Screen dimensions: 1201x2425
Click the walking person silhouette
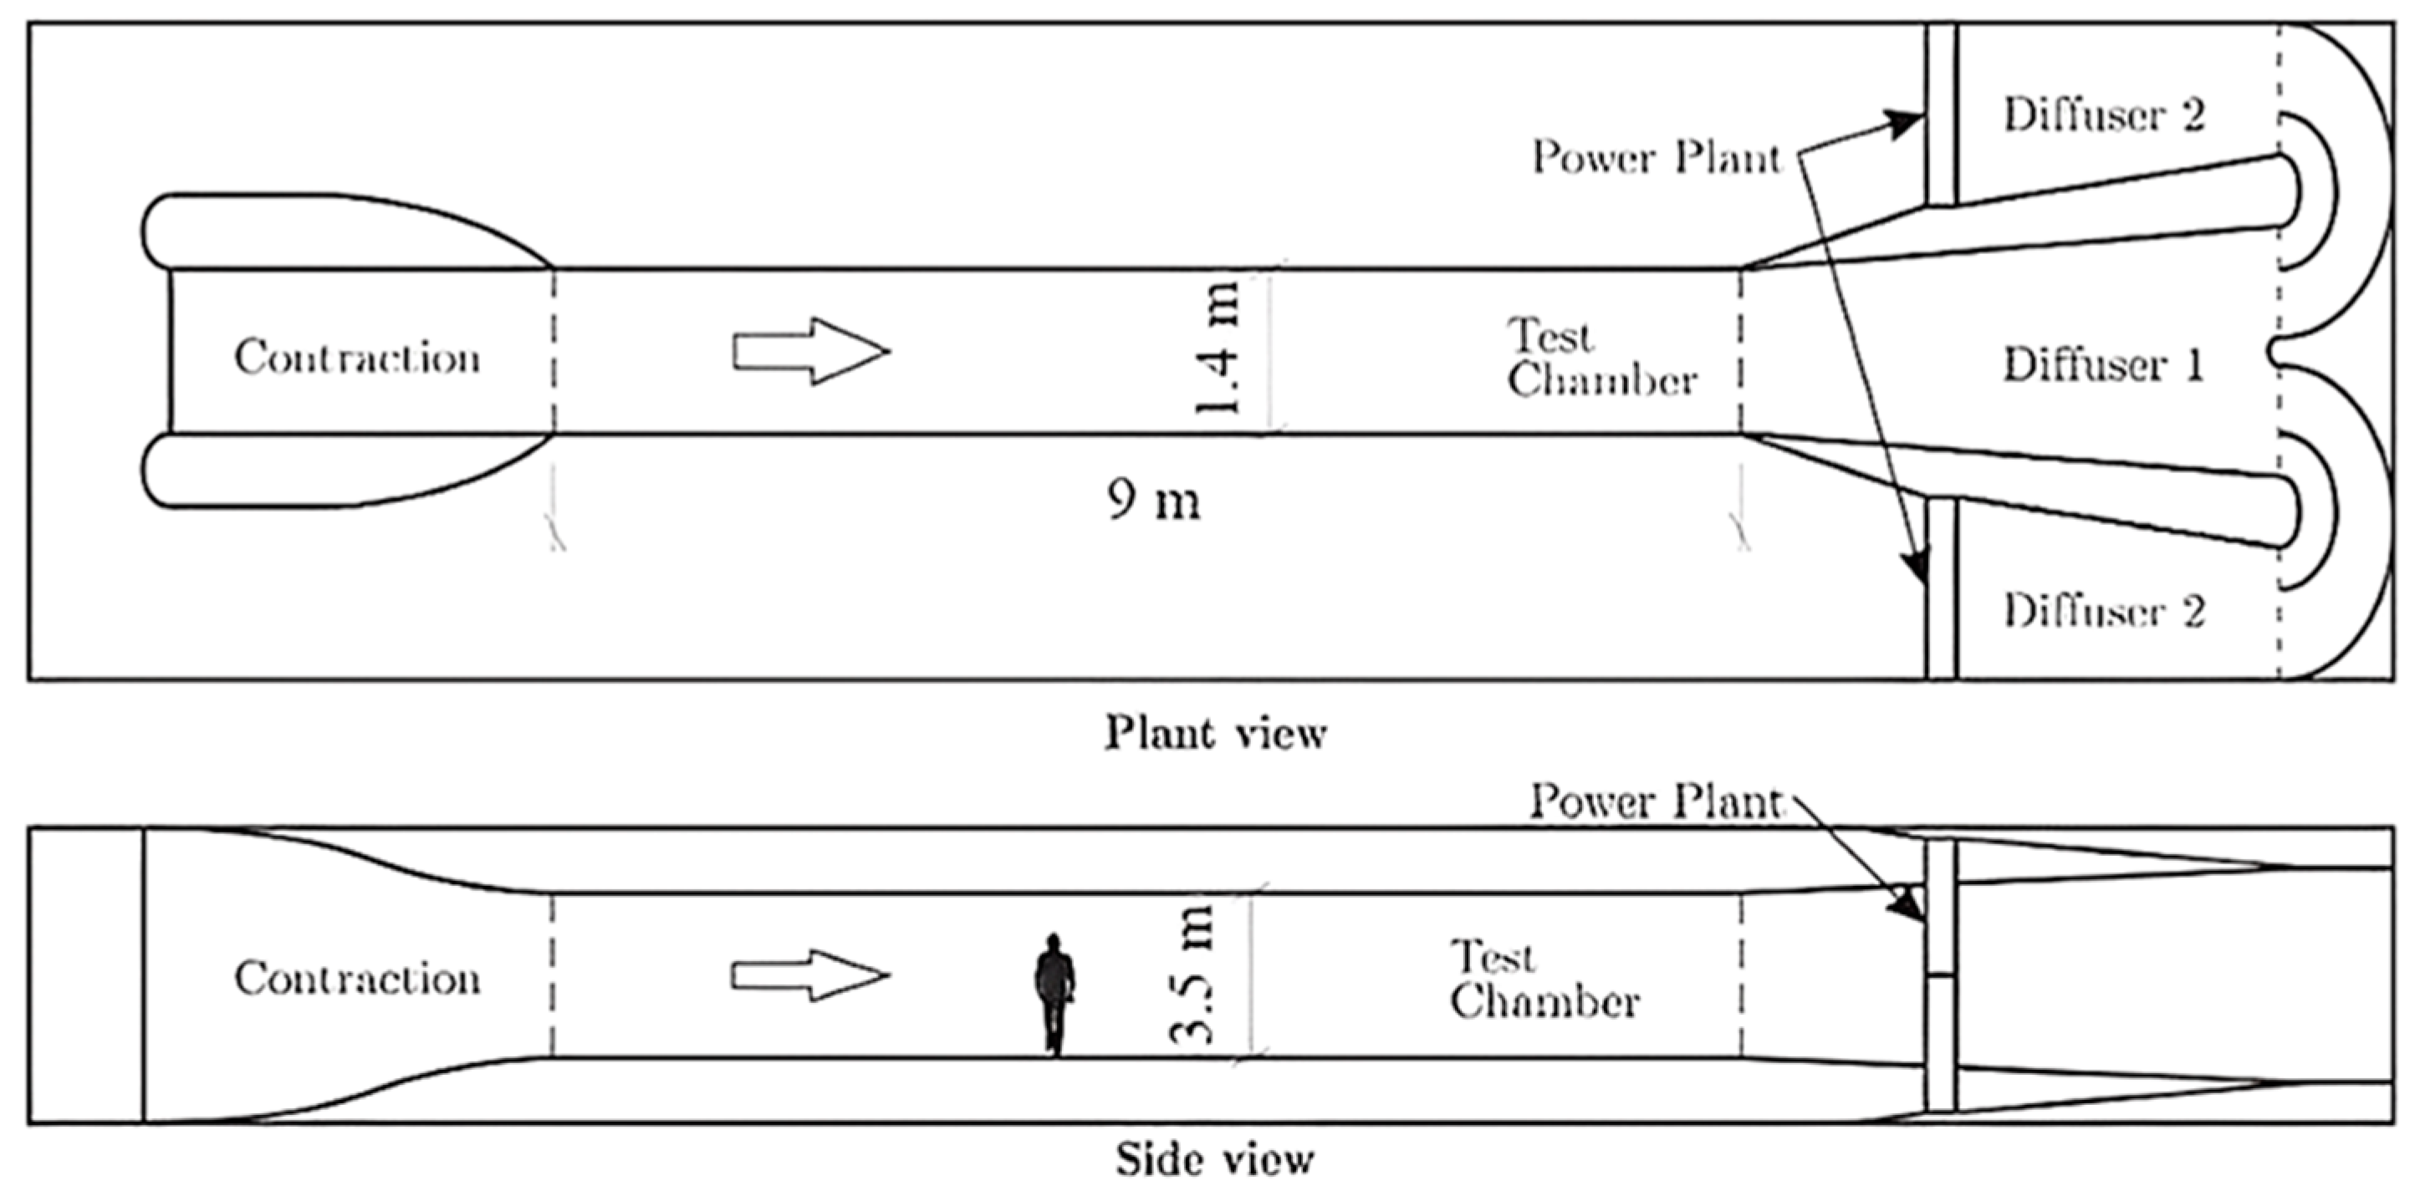pyautogui.click(x=1054, y=994)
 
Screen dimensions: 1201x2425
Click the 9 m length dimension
pyautogui.click(x=1154, y=500)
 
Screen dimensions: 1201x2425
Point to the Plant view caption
pyautogui.click(x=1215, y=733)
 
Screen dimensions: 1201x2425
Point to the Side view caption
pyautogui.click(x=1215, y=1159)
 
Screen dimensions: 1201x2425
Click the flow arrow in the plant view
pyautogui.click(x=810, y=351)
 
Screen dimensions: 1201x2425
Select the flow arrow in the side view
pyautogui.click(x=810, y=975)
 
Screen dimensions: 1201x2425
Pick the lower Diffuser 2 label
pyautogui.click(x=2103, y=612)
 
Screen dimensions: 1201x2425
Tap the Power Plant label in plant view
pyautogui.click(x=1657, y=157)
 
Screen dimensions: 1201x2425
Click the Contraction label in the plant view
pyautogui.click(x=357, y=359)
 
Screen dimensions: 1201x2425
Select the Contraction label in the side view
pyautogui.click(x=357, y=979)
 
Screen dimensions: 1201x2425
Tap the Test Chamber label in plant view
pyautogui.click(x=1600, y=359)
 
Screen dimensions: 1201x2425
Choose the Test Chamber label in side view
pyautogui.click(x=1544, y=980)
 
